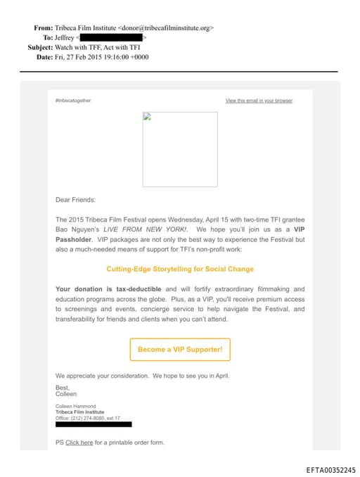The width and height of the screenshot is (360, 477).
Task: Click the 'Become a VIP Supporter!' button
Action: pyautogui.click(x=180, y=350)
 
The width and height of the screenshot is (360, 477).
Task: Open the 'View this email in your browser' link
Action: pyautogui.click(x=259, y=101)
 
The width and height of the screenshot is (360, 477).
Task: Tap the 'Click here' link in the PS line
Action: pyautogui.click(x=79, y=443)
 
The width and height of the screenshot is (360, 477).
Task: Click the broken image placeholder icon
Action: pyautogui.click(x=147, y=117)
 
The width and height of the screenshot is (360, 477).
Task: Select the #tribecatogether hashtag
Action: pyautogui.click(x=72, y=101)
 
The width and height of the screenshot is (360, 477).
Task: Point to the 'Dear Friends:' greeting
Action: pyautogui.click(x=75, y=200)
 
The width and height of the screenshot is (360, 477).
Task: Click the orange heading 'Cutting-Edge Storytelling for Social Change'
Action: pyautogui.click(x=180, y=269)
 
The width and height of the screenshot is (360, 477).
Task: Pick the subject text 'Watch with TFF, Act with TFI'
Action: pyautogui.click(x=95, y=47)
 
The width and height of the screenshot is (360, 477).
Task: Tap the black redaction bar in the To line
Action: pyautogui.click(x=110, y=37)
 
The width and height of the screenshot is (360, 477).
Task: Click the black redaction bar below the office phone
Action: pyautogui.click(x=94, y=424)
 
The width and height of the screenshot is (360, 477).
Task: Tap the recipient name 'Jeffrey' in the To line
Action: pyautogui.click(x=65, y=37)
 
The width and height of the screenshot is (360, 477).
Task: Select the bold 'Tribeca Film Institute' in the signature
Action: pyautogui.click(x=79, y=412)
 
